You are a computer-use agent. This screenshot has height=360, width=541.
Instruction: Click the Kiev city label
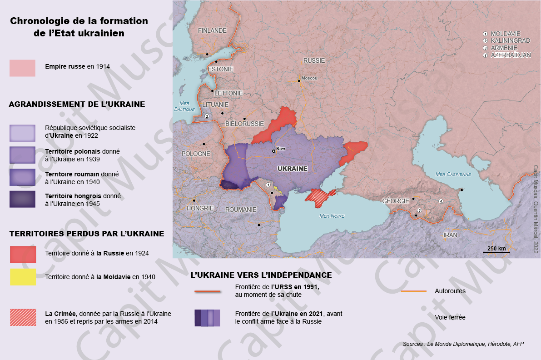(281, 149)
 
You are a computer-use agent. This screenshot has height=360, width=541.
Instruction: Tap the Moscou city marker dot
(299, 81)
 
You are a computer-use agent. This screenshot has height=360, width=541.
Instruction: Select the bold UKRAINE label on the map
(292, 169)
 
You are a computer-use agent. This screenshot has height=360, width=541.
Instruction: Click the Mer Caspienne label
(453, 174)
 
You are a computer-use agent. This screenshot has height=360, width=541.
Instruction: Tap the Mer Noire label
(332, 216)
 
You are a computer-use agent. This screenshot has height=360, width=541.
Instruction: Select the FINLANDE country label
(212, 30)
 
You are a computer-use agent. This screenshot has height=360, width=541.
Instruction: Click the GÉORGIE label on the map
(393, 200)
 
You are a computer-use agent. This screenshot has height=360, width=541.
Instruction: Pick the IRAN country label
(450, 235)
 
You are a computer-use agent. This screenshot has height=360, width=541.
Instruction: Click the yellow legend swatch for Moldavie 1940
(23, 276)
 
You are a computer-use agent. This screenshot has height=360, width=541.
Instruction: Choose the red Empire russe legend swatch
(22, 68)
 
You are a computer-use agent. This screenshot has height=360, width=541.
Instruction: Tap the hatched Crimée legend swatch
(23, 317)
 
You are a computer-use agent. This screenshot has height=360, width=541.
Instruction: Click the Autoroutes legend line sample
(413, 291)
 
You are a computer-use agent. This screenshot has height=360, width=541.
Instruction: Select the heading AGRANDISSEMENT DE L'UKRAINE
(77, 104)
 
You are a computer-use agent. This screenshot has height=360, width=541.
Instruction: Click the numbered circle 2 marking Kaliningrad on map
(207, 116)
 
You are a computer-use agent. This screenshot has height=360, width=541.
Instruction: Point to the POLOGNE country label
(196, 154)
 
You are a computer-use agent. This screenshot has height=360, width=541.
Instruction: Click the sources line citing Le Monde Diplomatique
(463, 344)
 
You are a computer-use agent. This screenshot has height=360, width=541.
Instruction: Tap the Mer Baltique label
(184, 106)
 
